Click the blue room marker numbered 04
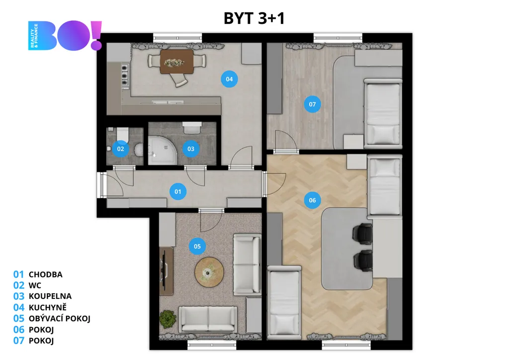point(229,79)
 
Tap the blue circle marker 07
point(312,104)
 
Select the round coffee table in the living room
point(209,272)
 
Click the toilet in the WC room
point(122,135)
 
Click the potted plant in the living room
point(168,318)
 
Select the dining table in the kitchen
point(176,62)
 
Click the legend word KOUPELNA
point(50,296)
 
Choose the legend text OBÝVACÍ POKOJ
point(60,318)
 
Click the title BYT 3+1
point(254,18)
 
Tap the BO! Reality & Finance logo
point(65,35)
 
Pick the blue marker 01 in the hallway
point(178,191)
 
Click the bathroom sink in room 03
point(192,128)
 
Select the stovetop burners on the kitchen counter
point(125,76)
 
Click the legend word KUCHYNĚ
point(47,307)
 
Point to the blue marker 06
point(312,200)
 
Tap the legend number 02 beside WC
point(19,285)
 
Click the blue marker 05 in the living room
point(197,247)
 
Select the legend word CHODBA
point(46,274)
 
